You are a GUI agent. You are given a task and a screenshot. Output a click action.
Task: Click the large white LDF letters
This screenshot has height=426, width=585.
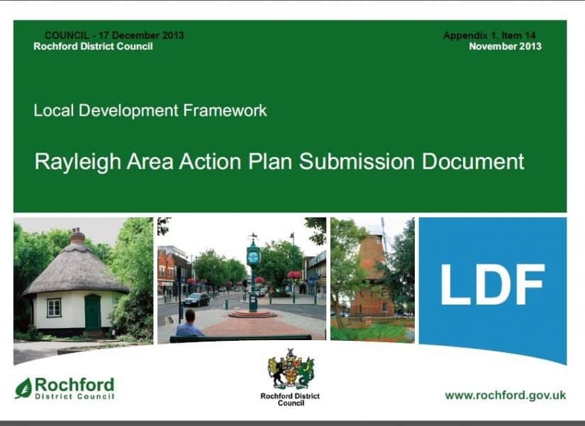493,285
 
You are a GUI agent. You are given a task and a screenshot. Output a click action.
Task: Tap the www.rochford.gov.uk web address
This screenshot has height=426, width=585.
505,395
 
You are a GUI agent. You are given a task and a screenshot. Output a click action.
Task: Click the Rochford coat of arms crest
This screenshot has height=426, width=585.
291,368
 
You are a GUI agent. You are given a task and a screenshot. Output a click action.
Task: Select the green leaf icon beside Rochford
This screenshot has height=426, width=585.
23,388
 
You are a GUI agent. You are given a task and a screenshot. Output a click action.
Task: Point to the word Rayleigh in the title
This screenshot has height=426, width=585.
78,162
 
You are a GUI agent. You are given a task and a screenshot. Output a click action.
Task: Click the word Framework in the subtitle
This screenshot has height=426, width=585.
225,111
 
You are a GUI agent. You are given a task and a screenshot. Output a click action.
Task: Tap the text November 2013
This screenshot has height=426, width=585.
505,46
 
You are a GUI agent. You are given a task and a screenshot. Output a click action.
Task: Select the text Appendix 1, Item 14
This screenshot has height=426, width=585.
489,35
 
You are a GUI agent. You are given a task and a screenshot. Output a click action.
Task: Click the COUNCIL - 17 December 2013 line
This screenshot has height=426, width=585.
114,35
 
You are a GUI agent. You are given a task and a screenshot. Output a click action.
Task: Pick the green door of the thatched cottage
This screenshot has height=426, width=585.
92,312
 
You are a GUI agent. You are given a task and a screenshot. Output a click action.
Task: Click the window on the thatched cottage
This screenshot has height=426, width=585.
54,307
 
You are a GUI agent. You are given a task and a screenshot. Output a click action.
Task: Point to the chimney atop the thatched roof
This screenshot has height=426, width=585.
77,236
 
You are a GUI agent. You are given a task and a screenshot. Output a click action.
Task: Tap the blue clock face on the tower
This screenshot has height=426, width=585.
253,257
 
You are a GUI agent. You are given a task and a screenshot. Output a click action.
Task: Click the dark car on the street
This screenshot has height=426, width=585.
196,300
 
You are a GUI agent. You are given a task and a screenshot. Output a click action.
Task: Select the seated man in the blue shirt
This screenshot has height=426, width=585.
189,324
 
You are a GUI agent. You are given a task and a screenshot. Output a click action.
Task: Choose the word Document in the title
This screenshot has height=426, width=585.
473,161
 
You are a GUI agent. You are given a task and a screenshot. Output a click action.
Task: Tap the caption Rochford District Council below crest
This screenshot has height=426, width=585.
290,400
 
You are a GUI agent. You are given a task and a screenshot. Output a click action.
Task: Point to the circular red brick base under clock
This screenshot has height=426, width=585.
252,314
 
